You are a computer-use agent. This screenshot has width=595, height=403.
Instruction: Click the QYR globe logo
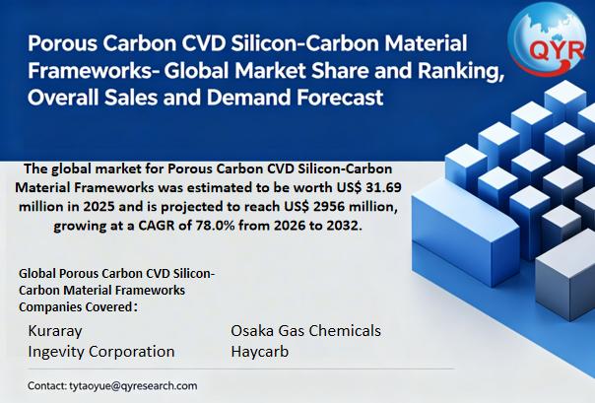(547, 39)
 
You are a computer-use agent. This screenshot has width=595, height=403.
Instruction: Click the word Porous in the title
(62, 43)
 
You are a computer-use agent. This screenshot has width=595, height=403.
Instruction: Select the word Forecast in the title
(340, 98)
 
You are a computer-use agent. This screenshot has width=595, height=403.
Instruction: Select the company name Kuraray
(55, 331)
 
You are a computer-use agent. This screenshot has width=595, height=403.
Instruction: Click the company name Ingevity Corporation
(101, 352)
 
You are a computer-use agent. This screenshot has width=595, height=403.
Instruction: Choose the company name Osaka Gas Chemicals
(305, 331)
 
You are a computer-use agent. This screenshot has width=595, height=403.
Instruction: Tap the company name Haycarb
(259, 352)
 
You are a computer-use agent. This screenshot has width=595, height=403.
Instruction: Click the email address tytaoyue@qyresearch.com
(133, 386)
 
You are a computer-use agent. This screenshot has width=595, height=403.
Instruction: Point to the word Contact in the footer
(47, 386)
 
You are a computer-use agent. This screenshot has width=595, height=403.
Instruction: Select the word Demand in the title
(249, 98)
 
